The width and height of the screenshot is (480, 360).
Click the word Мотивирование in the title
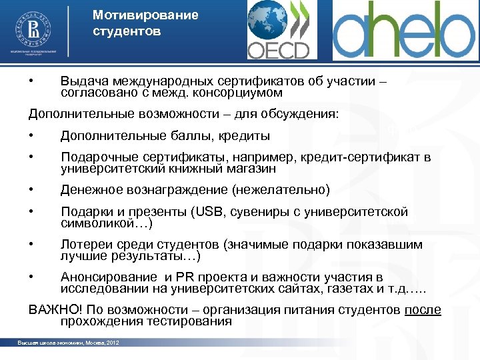(x=136, y=15)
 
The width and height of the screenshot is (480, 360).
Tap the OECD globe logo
(x=279, y=30)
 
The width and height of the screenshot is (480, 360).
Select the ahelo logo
(x=404, y=30)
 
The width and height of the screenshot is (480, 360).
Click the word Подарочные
(x=99, y=157)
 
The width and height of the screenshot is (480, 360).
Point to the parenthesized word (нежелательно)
(x=281, y=190)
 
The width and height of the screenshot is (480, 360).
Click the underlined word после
(x=423, y=310)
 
